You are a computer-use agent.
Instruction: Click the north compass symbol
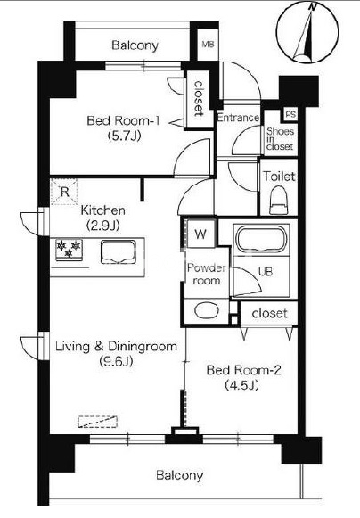(x=307, y=33)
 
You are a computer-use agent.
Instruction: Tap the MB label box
(x=209, y=45)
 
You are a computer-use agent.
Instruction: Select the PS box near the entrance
(x=290, y=115)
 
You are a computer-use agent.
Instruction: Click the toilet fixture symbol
(x=279, y=201)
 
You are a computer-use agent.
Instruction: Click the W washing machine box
(x=200, y=234)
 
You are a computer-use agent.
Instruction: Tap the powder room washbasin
(x=207, y=311)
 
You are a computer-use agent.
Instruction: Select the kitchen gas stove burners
(x=69, y=250)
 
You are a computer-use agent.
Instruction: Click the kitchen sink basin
(x=119, y=252)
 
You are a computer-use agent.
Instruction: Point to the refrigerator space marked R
(x=64, y=192)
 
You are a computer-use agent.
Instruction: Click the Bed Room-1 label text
(x=123, y=120)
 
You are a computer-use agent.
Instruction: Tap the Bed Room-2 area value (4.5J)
(x=241, y=385)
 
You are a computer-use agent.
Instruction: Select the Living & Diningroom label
(x=116, y=347)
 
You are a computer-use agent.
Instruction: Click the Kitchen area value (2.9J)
(x=102, y=226)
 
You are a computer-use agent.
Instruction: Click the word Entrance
(x=238, y=118)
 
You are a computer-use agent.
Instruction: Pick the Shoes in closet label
(x=280, y=139)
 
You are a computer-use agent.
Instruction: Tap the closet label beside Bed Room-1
(x=199, y=98)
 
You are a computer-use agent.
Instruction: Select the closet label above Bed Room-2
(x=269, y=313)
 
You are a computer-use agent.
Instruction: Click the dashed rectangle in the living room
(x=98, y=422)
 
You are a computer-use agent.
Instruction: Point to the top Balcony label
(x=135, y=45)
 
